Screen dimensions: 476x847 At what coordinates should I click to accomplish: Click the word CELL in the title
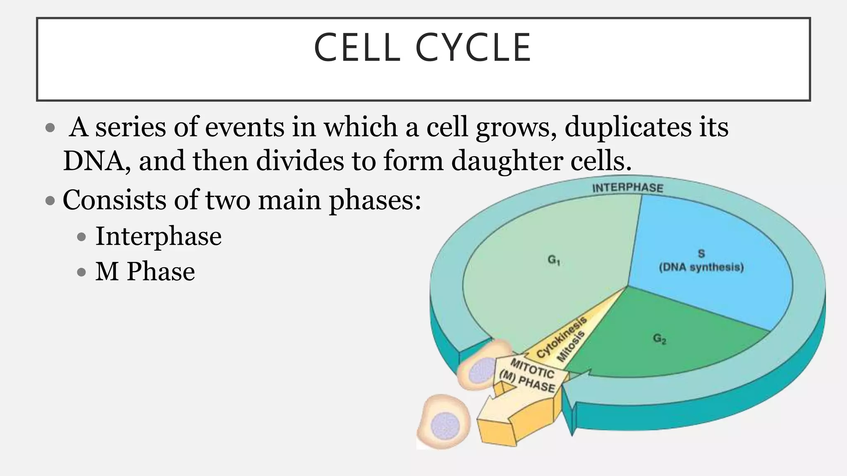coord(357,48)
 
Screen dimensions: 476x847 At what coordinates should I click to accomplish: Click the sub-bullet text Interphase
coord(158,236)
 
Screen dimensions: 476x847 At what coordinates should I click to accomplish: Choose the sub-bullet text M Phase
coord(145,271)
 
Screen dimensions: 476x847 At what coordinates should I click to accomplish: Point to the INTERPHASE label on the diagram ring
coord(627,188)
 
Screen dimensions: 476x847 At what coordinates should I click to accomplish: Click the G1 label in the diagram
coord(554,260)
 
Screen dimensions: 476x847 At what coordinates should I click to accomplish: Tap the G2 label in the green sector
coord(660,339)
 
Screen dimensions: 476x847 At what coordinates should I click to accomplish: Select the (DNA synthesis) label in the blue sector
coord(701,267)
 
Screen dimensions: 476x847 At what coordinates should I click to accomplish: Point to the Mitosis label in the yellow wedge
coord(571,346)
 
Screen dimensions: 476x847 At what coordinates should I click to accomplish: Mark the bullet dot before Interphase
coord(81,237)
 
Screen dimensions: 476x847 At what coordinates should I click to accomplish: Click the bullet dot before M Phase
coord(81,272)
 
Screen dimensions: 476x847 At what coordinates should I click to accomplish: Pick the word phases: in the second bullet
coord(375,200)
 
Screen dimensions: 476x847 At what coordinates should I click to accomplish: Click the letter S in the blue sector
coord(701,253)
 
